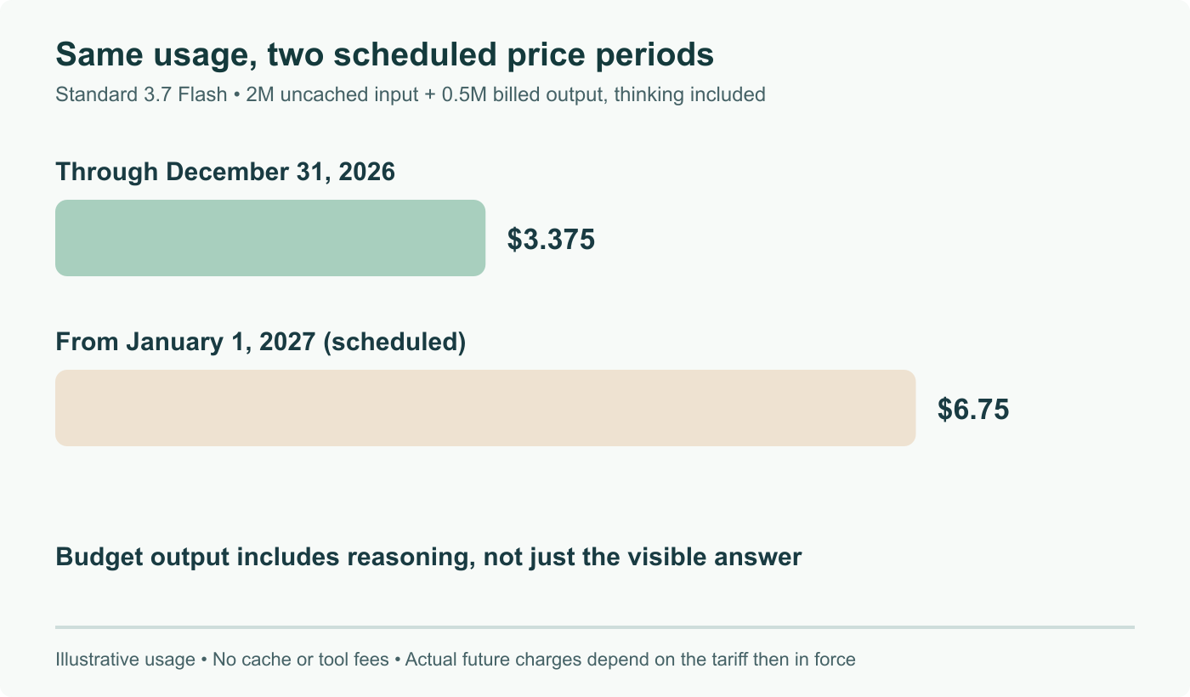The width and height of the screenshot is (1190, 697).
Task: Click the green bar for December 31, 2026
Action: [270, 238]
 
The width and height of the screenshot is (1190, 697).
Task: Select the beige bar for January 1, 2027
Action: [485, 408]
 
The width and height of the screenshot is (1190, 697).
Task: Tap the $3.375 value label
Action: [551, 239]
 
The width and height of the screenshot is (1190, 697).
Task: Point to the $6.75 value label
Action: [973, 409]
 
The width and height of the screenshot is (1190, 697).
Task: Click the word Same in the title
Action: [99, 54]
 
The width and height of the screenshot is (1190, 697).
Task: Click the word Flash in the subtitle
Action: [202, 94]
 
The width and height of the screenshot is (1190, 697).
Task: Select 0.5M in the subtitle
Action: [464, 94]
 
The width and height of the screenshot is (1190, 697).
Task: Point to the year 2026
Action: [366, 172]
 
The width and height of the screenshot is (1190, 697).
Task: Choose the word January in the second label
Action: [175, 342]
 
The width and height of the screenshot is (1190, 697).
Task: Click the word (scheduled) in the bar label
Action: [394, 342]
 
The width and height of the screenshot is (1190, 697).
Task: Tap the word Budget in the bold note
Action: [99, 558]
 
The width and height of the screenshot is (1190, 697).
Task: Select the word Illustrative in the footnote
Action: [126, 660]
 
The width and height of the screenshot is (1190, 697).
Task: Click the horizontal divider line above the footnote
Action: [595, 627]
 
